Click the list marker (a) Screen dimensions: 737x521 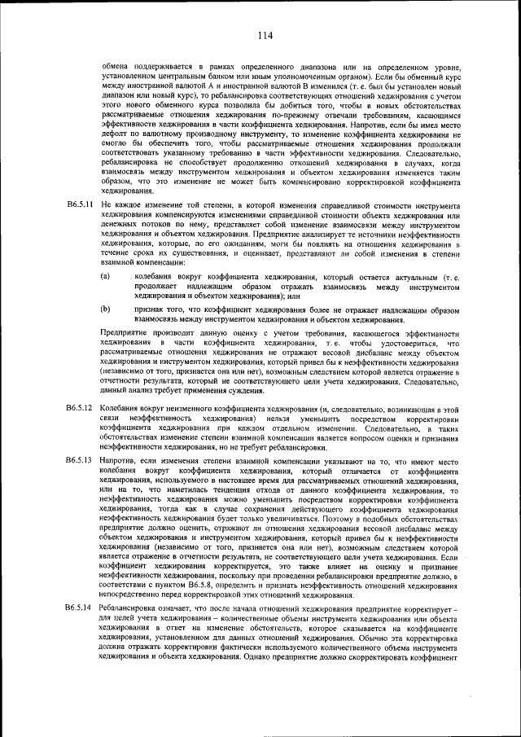(105, 278)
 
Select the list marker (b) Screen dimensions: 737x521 (105, 309)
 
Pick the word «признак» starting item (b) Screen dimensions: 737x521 (152, 309)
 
